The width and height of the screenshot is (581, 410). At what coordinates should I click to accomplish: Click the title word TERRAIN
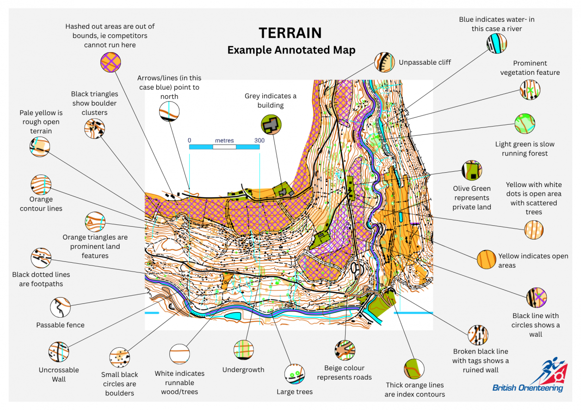[290, 33]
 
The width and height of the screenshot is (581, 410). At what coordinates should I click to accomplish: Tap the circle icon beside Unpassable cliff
[384, 62]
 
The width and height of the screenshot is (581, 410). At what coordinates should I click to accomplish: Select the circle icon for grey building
[271, 124]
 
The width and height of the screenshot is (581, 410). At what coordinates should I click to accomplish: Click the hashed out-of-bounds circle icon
[111, 62]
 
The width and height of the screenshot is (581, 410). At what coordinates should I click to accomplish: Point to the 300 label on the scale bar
[259, 140]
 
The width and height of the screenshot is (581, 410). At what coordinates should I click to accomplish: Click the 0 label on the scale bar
[189, 140]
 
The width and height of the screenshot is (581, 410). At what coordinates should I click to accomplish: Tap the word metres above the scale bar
[224, 140]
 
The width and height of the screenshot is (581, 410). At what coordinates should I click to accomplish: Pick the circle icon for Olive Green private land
[471, 170]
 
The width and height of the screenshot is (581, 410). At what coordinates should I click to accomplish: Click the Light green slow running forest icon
[525, 124]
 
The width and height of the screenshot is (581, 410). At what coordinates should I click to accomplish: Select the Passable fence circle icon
[60, 307]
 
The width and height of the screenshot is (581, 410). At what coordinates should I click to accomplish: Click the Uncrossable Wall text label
[59, 374]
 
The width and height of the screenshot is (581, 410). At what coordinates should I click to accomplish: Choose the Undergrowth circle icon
[243, 350]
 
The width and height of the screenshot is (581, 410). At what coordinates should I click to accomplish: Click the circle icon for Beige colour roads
[345, 350]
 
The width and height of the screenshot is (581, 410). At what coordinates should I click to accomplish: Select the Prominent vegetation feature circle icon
[530, 90]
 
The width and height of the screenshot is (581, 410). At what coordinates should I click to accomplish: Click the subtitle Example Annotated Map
[291, 50]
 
